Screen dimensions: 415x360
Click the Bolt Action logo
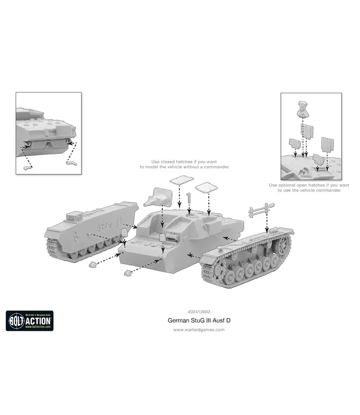coord(29,320)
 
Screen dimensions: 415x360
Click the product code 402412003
coord(199,312)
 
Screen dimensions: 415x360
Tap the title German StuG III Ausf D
coord(199,320)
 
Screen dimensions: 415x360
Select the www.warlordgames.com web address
coord(199,330)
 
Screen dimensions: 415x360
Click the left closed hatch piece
coord(181,180)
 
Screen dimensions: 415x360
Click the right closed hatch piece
coord(207,186)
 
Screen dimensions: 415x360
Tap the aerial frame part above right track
coord(261,210)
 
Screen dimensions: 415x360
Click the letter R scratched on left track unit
coord(76,232)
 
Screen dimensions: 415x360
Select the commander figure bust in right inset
coord(303,109)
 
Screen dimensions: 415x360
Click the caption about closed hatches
coord(184,164)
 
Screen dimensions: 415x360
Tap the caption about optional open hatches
coord(309,188)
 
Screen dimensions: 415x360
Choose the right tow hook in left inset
coord(69,163)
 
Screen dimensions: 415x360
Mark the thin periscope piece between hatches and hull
coord(189,198)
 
